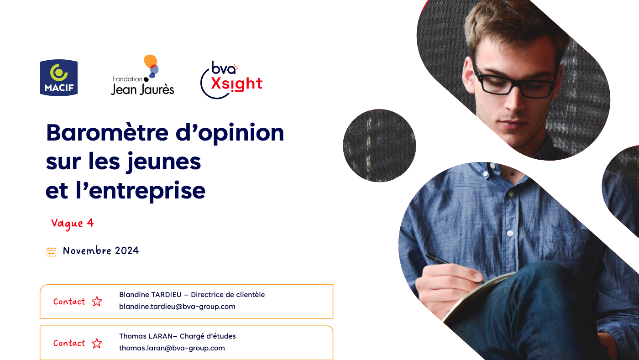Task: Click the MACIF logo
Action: [59, 78]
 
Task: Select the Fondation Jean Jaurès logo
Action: [142, 75]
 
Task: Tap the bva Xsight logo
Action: [231, 80]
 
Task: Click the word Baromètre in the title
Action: [108, 133]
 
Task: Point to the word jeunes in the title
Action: [164, 162]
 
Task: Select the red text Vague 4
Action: [73, 224]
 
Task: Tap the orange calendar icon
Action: [51, 252]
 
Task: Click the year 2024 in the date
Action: [127, 251]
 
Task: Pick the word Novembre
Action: [87, 250]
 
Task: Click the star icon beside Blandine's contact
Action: [97, 302]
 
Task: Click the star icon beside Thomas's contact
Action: [97, 343]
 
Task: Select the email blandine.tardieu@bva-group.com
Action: [177, 307]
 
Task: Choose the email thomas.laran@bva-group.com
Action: [172, 348]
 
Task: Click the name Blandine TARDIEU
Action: [150, 295]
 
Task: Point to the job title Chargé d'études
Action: [208, 336]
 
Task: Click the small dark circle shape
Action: [379, 146]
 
